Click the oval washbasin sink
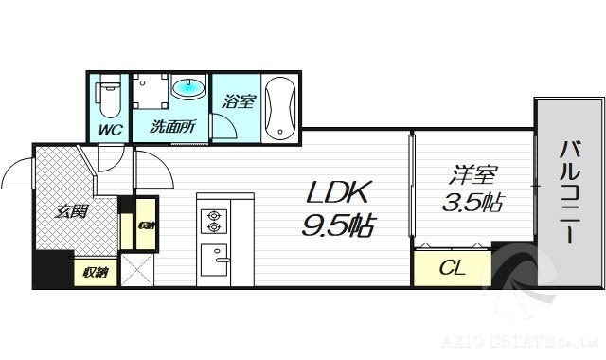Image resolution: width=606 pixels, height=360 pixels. pos(189,89)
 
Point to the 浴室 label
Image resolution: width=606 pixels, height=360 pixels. pos(238,100)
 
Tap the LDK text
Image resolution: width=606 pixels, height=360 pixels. pos(338,192)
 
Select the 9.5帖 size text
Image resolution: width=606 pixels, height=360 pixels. pos(338,225)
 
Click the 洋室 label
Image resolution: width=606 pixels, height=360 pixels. pos(471,176)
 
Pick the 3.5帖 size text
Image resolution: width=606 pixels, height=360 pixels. pos(471,203)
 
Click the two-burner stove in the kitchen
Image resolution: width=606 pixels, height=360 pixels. pos(213,221)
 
